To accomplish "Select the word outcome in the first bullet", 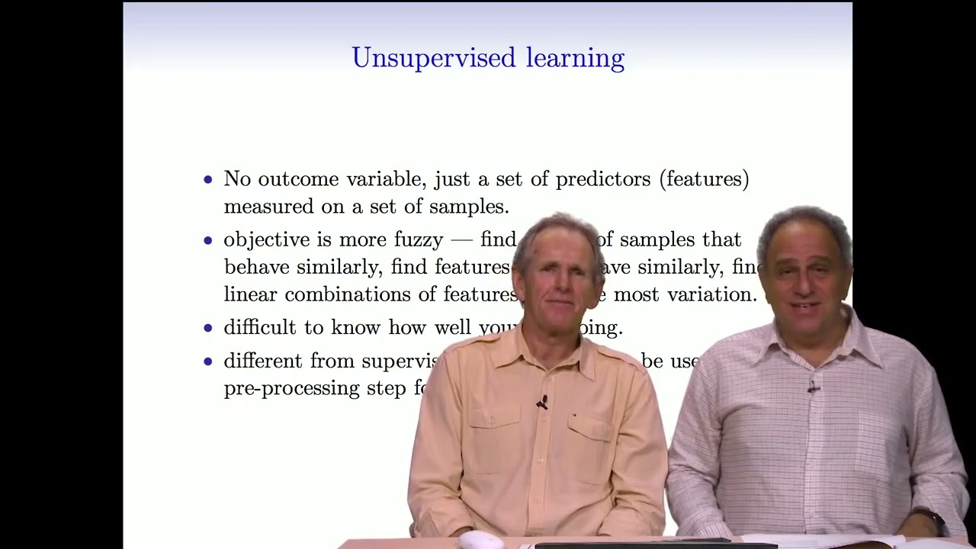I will [299, 179].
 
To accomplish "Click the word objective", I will [267, 240].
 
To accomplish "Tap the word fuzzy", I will [418, 240].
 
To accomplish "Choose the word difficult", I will [259, 328].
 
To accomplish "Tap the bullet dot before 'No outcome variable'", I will [208, 180].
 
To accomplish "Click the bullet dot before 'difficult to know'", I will [208, 328].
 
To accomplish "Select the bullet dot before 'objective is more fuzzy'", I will [208, 240].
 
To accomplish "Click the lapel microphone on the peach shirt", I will [541, 403].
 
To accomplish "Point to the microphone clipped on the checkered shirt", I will [813, 388].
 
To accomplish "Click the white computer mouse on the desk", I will [480, 541].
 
